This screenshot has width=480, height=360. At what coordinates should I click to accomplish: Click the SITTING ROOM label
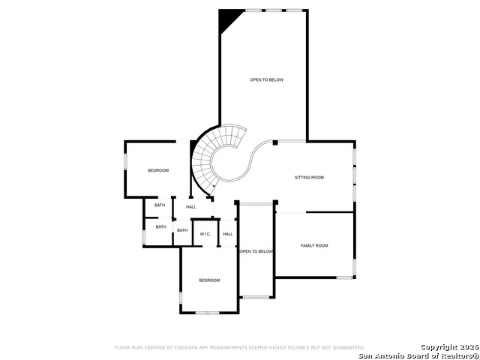(x=309, y=178)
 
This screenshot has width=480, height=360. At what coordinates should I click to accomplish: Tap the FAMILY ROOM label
(x=314, y=246)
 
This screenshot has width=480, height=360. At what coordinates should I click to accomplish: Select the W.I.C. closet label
(x=205, y=234)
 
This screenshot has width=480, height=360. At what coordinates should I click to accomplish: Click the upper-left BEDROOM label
(x=158, y=170)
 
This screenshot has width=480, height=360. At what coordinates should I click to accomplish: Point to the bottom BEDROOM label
(x=209, y=280)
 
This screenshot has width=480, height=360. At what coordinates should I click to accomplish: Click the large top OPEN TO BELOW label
(x=266, y=79)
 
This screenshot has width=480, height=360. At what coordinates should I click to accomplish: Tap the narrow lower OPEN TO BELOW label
(x=256, y=252)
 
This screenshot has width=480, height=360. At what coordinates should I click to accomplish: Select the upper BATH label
(x=160, y=205)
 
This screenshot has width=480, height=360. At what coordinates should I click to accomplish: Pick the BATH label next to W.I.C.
(x=182, y=230)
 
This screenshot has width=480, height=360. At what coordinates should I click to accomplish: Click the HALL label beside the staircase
(x=191, y=207)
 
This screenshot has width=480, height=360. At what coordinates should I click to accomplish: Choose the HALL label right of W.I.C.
(x=228, y=234)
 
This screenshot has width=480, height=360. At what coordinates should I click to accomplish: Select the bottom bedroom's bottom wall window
(x=206, y=313)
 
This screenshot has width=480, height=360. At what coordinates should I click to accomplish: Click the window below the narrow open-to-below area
(x=256, y=298)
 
